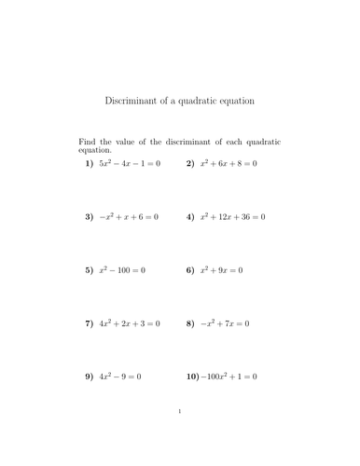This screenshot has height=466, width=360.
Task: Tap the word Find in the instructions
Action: click(x=87, y=142)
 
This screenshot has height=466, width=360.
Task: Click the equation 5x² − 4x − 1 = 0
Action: click(x=131, y=164)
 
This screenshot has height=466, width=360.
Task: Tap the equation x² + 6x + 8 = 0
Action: click(x=228, y=164)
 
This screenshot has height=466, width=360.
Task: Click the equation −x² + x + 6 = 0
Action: click(x=130, y=217)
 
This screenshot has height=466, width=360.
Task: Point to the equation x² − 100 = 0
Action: click(x=123, y=270)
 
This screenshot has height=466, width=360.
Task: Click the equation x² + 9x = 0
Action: click(x=221, y=270)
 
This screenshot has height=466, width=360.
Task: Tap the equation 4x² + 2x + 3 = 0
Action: click(x=131, y=323)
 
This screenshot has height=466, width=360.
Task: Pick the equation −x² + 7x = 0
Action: click(x=225, y=323)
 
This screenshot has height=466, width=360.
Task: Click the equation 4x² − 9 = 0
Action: click(x=120, y=377)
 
